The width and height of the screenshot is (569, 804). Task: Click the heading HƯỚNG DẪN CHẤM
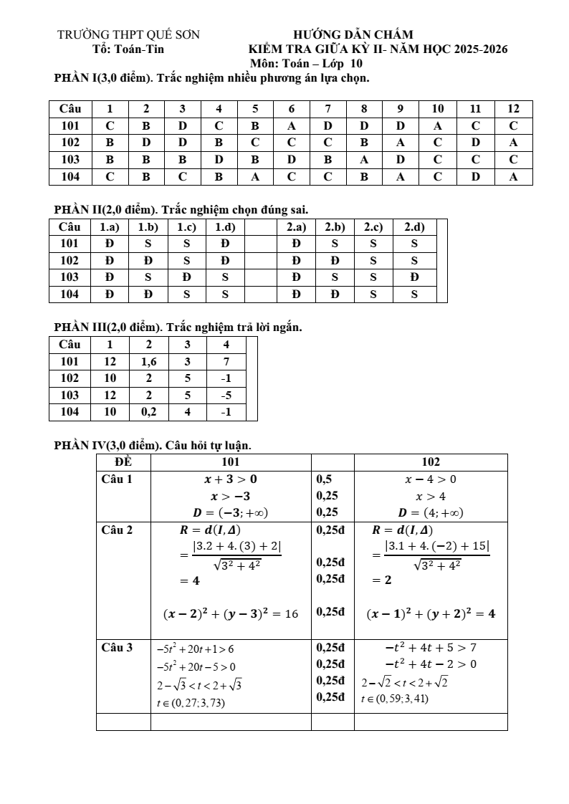click(353, 34)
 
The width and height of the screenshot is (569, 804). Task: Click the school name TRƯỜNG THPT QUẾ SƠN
click(128, 34)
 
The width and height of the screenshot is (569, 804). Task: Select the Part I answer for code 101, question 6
click(292, 126)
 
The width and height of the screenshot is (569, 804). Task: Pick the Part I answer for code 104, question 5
click(255, 177)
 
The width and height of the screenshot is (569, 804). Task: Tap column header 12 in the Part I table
click(513, 109)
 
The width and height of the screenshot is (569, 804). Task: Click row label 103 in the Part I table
click(70, 160)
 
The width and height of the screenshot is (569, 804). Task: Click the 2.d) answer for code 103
click(414, 277)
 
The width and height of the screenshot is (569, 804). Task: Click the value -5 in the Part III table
click(226, 396)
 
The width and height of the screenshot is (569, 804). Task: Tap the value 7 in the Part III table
click(226, 362)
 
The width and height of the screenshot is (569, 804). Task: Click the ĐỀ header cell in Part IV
click(123, 462)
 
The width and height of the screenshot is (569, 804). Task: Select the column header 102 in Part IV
click(431, 462)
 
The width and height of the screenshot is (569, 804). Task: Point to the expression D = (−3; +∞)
click(230, 512)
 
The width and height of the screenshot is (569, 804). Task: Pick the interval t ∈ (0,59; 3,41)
click(394, 699)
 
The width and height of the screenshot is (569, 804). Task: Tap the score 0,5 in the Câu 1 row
click(324, 479)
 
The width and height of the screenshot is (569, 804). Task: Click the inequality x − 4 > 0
click(430, 479)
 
